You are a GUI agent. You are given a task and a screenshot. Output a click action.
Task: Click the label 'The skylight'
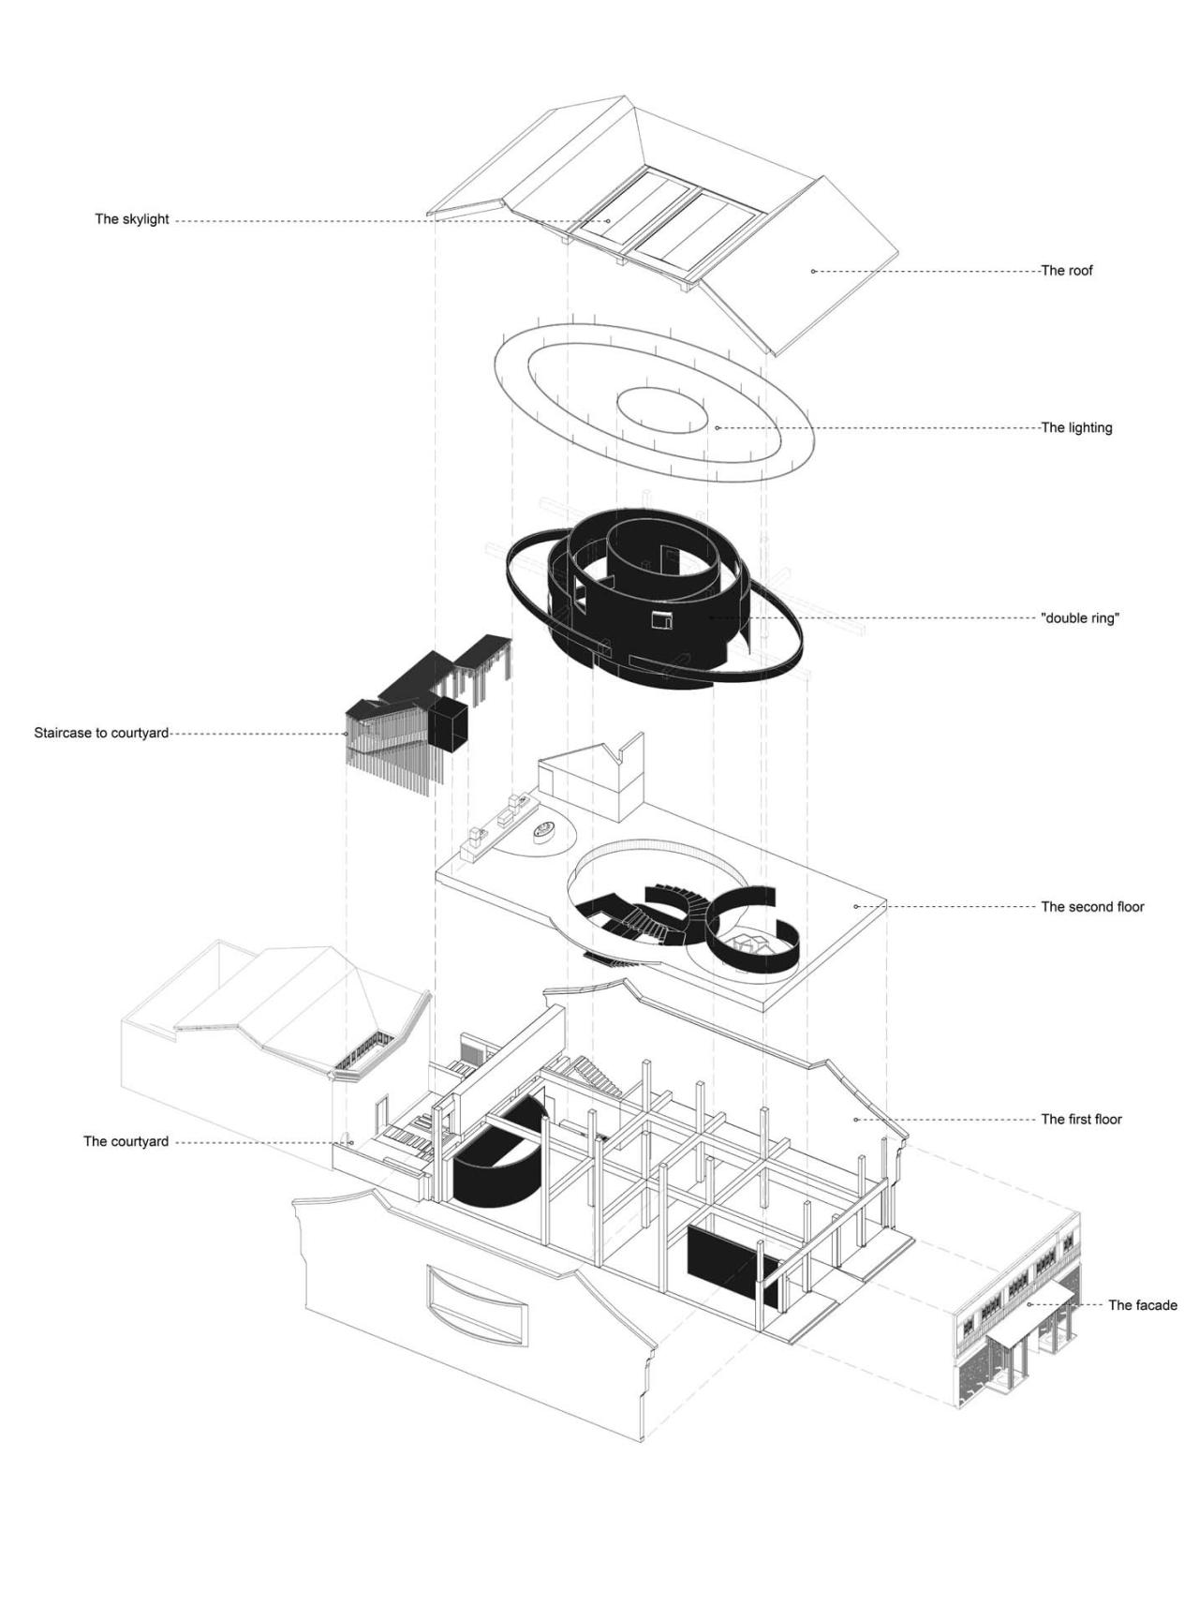pyautogui.click(x=132, y=220)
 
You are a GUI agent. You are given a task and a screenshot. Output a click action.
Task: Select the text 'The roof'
pyautogui.click(x=1067, y=271)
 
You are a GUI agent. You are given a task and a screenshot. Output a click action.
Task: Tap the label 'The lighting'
pyautogui.click(x=1076, y=428)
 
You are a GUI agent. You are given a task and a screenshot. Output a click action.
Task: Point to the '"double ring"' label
pyautogui.click(x=1080, y=618)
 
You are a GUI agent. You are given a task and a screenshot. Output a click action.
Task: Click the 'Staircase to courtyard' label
pyautogui.click(x=101, y=733)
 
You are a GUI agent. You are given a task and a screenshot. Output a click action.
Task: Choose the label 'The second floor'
pyautogui.click(x=1092, y=907)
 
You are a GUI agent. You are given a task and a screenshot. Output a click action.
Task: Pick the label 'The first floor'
pyautogui.click(x=1081, y=1120)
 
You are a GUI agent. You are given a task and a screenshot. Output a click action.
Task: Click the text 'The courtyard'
pyautogui.click(x=126, y=1141)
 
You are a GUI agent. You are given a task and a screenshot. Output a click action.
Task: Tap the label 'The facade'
pyautogui.click(x=1143, y=1305)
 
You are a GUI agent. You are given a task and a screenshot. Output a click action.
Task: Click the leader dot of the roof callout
pyautogui.click(x=813, y=271)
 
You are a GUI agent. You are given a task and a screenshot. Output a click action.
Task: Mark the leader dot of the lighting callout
pyautogui.click(x=718, y=428)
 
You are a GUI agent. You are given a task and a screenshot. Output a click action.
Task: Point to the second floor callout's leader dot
pyautogui.click(x=855, y=906)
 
